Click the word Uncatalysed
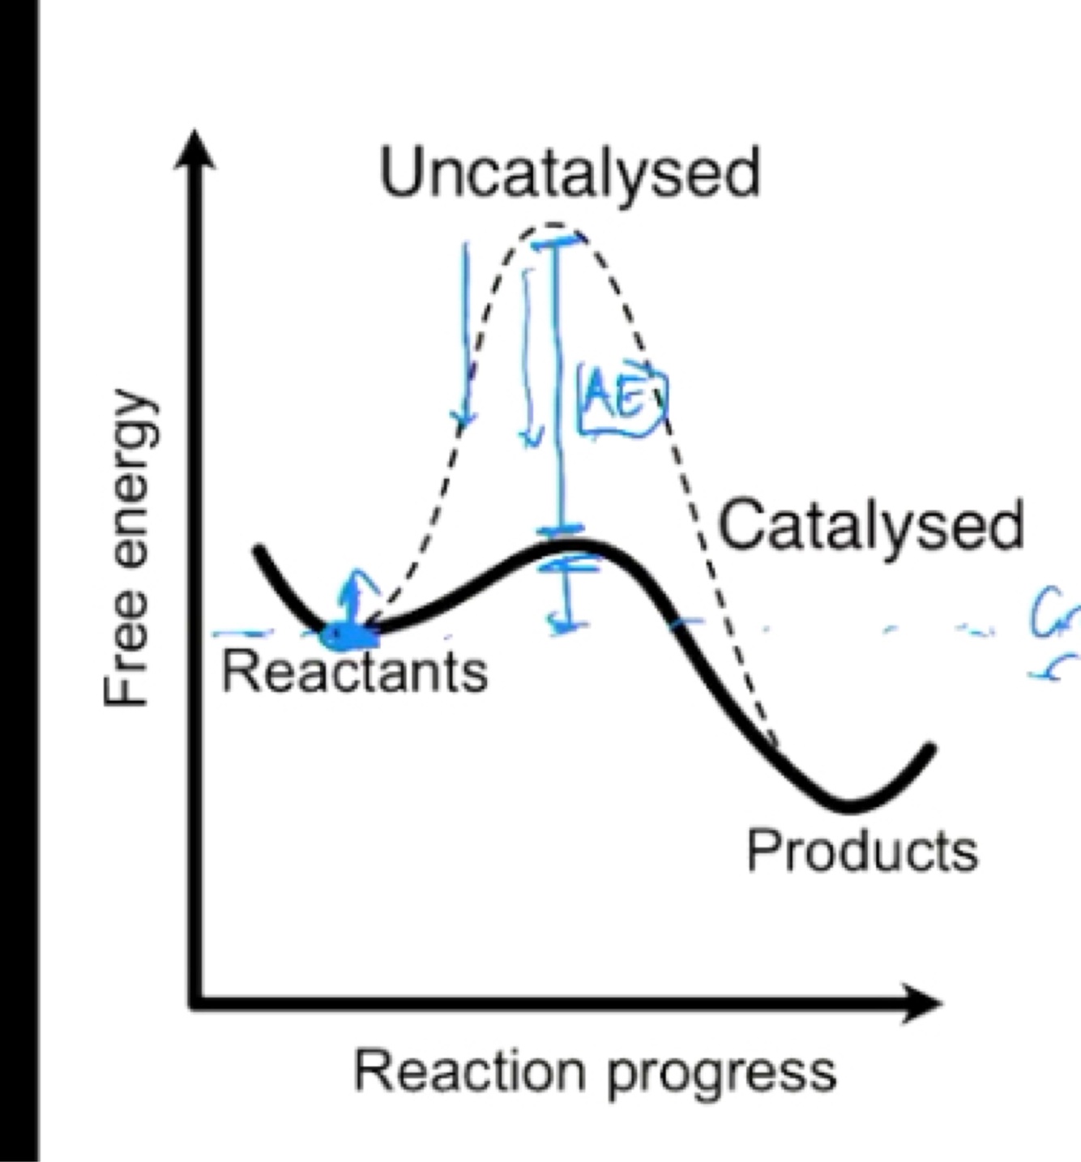coord(570,173)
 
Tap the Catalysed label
coord(871,527)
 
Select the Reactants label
coord(355,673)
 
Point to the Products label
coord(861,852)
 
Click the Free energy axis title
coord(127,549)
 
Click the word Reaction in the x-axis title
coord(469,1071)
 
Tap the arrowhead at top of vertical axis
coord(195,150)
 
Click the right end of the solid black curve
coord(932,748)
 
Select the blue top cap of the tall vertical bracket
coord(557,238)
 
